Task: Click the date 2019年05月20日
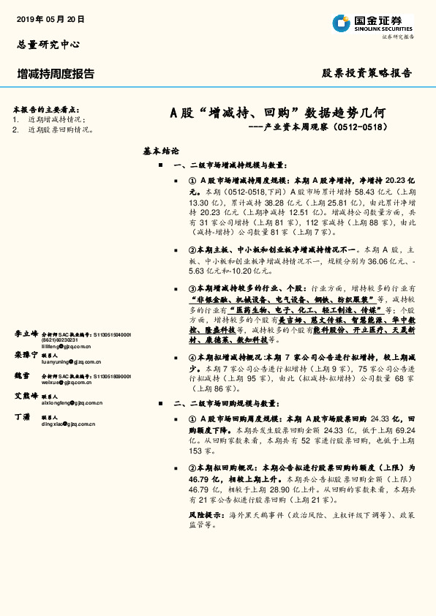click(x=50, y=19)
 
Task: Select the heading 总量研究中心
click(x=48, y=44)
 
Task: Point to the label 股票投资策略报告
click(x=367, y=73)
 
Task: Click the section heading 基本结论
click(x=161, y=151)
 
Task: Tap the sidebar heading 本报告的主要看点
click(x=47, y=109)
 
